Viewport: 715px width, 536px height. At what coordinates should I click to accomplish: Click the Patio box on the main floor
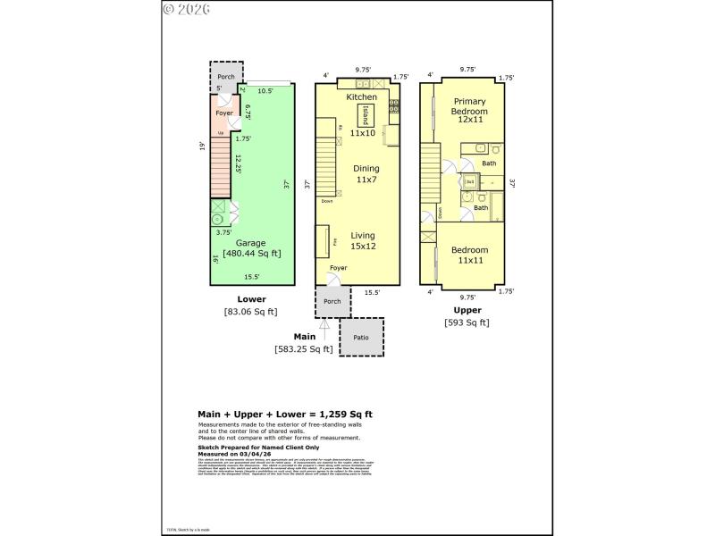pyautogui.click(x=362, y=338)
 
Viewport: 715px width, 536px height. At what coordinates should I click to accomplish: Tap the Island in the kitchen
pyautogui.click(x=366, y=116)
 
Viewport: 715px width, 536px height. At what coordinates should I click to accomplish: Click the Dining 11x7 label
pyautogui.click(x=366, y=174)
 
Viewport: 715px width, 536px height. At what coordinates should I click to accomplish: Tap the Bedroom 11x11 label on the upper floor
pyautogui.click(x=469, y=255)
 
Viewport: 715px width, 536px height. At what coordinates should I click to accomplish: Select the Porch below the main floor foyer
pyautogui.click(x=332, y=302)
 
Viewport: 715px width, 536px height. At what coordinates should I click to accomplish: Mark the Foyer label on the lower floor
pyautogui.click(x=223, y=113)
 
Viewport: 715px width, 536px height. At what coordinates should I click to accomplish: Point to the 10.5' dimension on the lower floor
pyautogui.click(x=265, y=90)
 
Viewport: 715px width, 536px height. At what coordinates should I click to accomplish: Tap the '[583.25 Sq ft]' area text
pyautogui.click(x=303, y=349)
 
